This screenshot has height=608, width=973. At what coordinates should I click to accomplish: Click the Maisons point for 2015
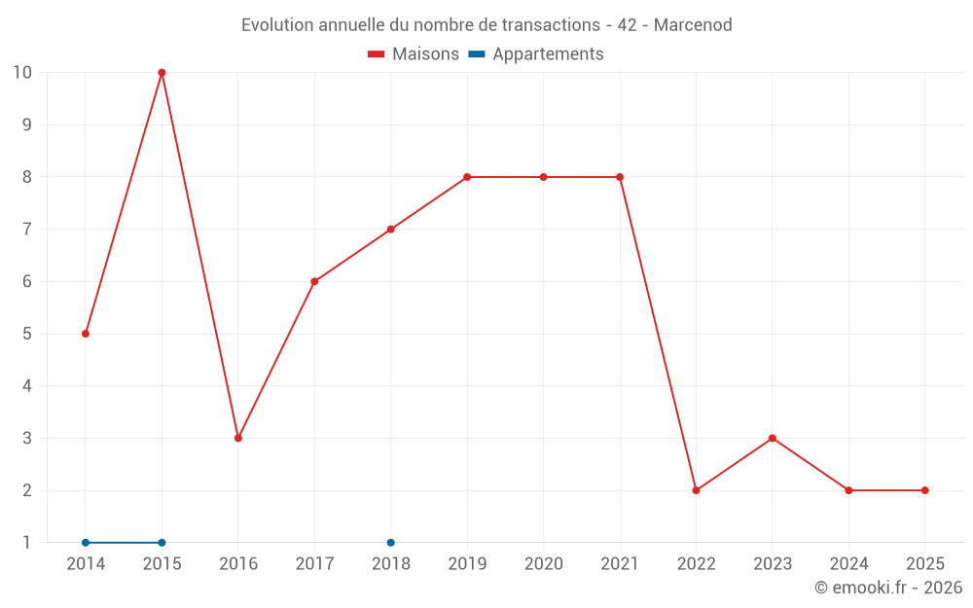[x=162, y=73]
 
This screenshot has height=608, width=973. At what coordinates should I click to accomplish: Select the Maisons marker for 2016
[x=238, y=438]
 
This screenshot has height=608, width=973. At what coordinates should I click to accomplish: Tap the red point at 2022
[x=696, y=490]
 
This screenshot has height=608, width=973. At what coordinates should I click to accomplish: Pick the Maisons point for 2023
[x=773, y=438]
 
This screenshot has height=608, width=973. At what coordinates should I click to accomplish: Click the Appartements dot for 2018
[x=391, y=543]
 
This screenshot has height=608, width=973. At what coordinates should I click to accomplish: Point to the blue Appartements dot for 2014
[x=86, y=543]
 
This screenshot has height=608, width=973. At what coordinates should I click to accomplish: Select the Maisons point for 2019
[x=467, y=177]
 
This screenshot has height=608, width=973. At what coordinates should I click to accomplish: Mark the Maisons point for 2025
[x=925, y=490]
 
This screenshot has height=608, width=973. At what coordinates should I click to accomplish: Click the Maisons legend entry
[x=414, y=54]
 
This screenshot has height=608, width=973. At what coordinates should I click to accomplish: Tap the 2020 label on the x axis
[x=544, y=564]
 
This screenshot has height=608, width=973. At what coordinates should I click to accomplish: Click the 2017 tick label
[x=314, y=564]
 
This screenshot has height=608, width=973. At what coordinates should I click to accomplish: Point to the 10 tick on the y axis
[x=22, y=73]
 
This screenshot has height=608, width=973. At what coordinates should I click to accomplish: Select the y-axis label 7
[x=26, y=230]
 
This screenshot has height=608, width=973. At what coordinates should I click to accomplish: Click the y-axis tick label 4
[x=26, y=386]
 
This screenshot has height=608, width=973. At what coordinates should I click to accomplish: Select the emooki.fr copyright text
[x=888, y=588]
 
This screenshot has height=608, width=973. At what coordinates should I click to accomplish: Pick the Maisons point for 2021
[x=620, y=177]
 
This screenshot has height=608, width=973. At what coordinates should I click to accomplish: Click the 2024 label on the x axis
[x=848, y=564]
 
